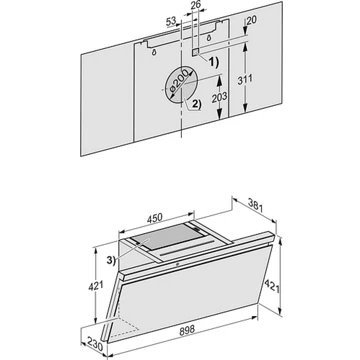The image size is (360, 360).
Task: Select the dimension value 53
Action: click(171, 22)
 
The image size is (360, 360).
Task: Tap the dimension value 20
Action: click(252, 20)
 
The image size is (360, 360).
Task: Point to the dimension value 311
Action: click(245, 80)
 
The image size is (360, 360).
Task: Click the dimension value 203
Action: click(219, 97)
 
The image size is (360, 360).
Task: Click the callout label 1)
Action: click(212, 62)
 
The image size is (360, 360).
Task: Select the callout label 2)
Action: click(195, 105)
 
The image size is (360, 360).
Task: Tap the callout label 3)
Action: click(111, 260)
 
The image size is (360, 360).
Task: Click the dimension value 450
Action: click(155, 218)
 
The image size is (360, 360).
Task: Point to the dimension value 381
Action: click(256, 206)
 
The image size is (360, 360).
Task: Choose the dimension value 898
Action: click(187, 331)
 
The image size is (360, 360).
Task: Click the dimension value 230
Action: click(95, 343)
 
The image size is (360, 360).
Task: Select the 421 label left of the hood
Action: click(96, 286)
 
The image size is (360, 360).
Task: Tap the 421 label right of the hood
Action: click(272, 286)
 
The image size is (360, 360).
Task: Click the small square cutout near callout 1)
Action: click(196, 52)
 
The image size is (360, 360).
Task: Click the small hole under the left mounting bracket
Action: click(154, 52)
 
